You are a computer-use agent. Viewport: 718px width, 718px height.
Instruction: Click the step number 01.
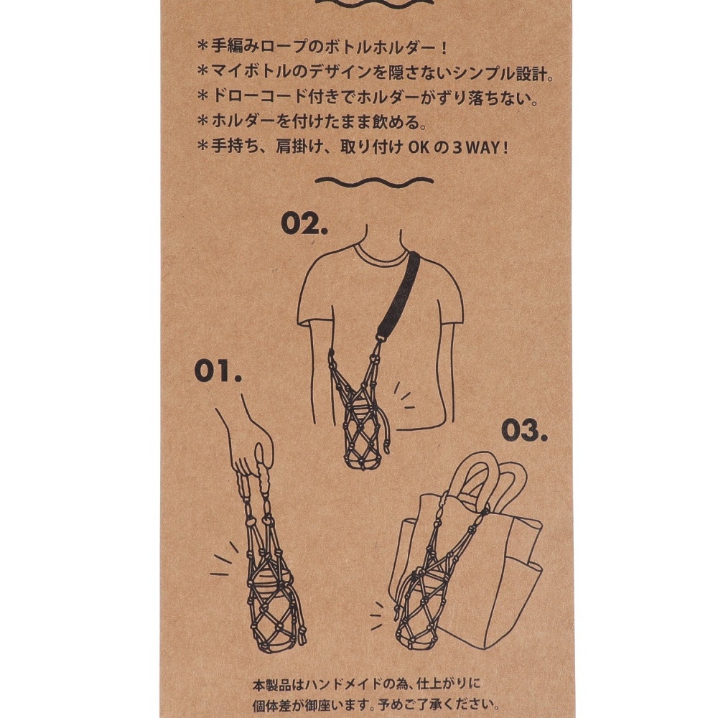(x=218, y=371)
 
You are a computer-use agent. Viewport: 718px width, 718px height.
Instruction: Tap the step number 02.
(x=304, y=223)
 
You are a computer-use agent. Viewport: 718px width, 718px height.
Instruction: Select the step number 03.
(x=524, y=430)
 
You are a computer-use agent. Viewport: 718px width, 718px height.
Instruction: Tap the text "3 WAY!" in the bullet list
(x=481, y=147)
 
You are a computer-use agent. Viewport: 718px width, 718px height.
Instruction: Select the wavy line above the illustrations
(x=374, y=182)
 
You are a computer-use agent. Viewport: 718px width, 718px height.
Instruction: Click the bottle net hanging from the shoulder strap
(x=360, y=412)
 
